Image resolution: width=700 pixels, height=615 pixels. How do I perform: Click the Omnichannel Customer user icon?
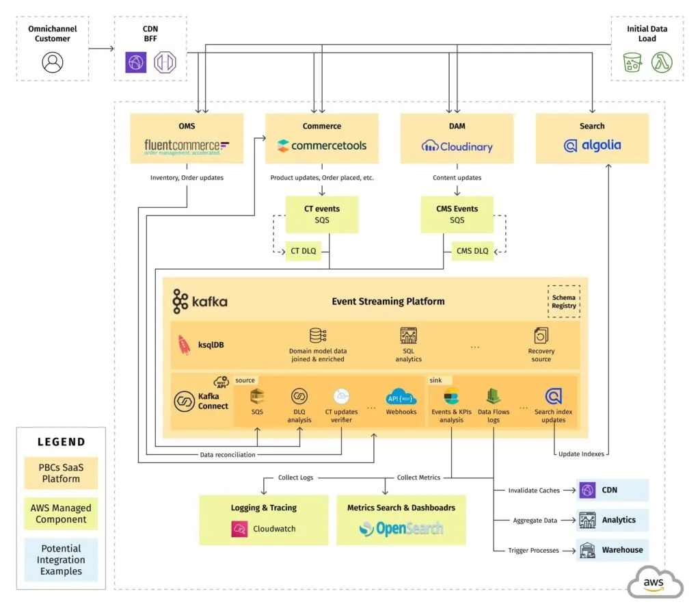pos(53,62)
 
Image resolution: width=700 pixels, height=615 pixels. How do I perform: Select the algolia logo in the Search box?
pos(592,146)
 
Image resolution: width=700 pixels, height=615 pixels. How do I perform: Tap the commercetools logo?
pos(322,146)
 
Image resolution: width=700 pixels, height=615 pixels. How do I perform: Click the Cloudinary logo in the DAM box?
pos(457,146)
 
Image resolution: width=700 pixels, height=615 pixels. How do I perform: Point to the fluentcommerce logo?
pos(187,146)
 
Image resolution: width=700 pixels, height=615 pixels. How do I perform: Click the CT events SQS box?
pos(322,214)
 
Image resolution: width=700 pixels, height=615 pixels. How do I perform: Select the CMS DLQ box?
pos(472,251)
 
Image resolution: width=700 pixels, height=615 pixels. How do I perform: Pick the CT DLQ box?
pos(304,251)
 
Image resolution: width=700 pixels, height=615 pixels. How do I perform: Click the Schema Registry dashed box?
pos(564,301)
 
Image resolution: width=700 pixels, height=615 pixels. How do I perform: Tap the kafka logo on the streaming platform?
pos(200,301)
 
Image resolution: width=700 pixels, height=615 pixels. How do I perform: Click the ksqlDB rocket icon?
pos(184,344)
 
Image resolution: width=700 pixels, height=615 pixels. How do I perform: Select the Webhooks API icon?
pos(401,397)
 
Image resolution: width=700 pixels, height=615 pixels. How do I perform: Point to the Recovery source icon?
pos(541,336)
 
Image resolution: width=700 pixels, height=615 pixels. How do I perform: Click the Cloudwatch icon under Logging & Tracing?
pos(239,529)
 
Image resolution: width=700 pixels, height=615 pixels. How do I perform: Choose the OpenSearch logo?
pos(401,528)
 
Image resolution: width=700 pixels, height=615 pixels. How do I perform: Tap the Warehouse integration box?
pos(612,550)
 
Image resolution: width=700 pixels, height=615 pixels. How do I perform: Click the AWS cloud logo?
pos(654,582)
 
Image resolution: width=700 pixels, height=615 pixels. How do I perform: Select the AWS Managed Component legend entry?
pos(61,514)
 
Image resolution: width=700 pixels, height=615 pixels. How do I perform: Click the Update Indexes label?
pos(581,454)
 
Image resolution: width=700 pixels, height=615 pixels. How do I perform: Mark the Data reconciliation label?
pos(228,454)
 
